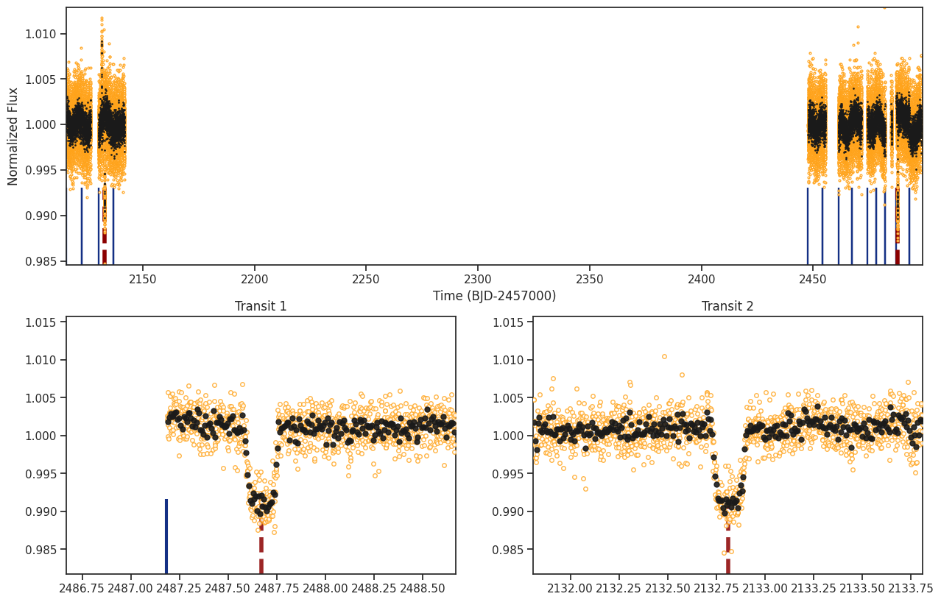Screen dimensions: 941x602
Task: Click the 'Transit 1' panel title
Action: click(x=261, y=306)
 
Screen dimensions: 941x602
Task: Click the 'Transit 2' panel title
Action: click(x=727, y=306)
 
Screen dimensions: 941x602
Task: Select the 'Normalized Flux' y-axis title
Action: click(x=13, y=136)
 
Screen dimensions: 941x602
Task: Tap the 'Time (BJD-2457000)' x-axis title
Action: click(x=495, y=296)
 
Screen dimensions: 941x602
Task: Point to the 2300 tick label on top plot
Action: click(x=478, y=280)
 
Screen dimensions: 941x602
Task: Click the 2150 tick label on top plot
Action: click(x=142, y=280)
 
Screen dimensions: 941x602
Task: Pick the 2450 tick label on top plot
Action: click(x=813, y=280)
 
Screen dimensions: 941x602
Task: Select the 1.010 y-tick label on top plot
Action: click(x=40, y=34)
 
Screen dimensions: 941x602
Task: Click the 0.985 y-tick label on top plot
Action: click(x=40, y=261)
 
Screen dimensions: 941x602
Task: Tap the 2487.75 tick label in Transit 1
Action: click(x=278, y=589)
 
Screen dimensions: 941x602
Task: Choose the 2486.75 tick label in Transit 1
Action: click(x=82, y=589)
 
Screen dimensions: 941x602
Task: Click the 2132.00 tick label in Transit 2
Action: click(x=570, y=589)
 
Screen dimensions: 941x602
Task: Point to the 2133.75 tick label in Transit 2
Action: click(x=910, y=589)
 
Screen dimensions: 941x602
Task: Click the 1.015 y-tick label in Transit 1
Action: click(x=40, y=322)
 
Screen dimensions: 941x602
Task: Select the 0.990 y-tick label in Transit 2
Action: click(x=508, y=511)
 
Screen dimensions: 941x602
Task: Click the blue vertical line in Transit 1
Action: click(x=166, y=536)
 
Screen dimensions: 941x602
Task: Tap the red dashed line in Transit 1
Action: click(x=261, y=548)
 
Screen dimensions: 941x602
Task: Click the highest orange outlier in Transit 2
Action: click(x=665, y=356)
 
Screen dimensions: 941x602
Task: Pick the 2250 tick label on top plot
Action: click(x=366, y=280)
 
